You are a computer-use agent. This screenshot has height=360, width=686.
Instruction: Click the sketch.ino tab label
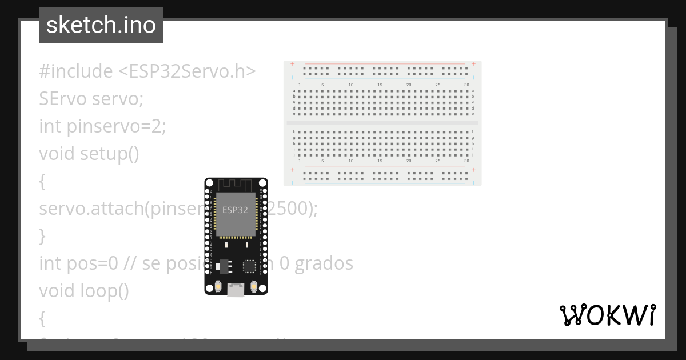(101, 25)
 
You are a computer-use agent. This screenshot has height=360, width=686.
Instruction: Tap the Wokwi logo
(607, 315)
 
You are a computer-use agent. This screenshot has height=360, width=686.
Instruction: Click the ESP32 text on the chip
(235, 210)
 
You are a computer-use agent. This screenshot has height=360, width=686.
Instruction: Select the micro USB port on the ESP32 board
(236, 290)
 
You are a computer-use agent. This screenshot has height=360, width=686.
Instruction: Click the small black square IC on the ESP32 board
(250, 266)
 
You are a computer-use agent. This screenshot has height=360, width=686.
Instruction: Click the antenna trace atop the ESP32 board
(236, 185)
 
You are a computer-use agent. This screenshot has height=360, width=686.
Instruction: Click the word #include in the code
(76, 71)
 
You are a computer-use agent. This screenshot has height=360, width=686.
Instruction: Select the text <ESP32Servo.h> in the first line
(186, 71)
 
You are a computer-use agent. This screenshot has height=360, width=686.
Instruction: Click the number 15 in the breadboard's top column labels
(380, 85)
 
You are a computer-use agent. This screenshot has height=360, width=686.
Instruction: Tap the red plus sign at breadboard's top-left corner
(293, 63)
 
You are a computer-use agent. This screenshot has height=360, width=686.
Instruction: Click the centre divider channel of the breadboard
(382, 123)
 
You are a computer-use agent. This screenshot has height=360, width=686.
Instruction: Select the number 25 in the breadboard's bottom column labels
(437, 161)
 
